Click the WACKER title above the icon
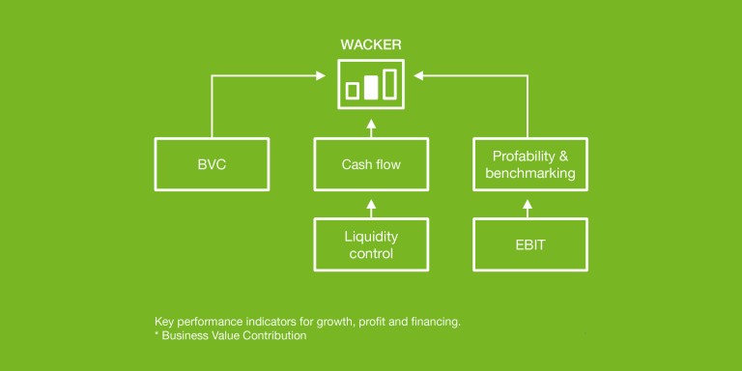[x=370, y=44]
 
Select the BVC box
[x=211, y=164]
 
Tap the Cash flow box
[x=371, y=164]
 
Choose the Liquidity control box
[x=371, y=244]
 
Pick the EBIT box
[x=530, y=244]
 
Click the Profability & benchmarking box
[x=530, y=164]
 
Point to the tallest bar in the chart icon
[x=389, y=84]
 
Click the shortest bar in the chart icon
[x=353, y=91]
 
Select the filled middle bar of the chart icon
[x=371, y=88]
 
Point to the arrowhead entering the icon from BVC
[x=322, y=74]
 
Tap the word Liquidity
[x=371, y=236]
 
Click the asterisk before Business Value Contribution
[x=157, y=334]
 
